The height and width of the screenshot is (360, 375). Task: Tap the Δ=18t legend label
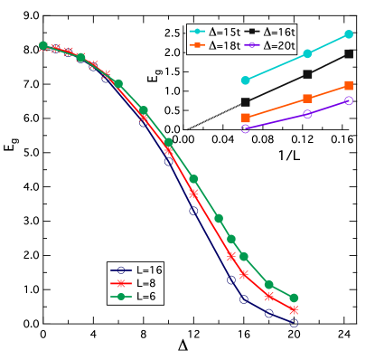pyautogui.click(x=224, y=44)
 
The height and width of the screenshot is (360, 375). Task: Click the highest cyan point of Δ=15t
pyautogui.click(x=349, y=34)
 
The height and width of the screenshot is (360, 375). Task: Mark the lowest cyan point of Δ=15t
pyautogui.click(x=245, y=81)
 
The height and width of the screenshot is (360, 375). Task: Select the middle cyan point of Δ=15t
pyautogui.click(x=308, y=53)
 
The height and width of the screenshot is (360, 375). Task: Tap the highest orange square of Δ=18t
pyautogui.click(x=349, y=86)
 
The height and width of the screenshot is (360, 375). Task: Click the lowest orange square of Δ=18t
pyautogui.click(x=245, y=118)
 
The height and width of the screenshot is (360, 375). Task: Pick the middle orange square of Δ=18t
pyautogui.click(x=308, y=98)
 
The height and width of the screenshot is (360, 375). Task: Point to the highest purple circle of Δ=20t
pyautogui.click(x=349, y=101)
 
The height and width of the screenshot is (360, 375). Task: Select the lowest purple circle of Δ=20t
pyautogui.click(x=245, y=128)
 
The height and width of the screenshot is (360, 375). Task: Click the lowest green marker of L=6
pyautogui.click(x=294, y=298)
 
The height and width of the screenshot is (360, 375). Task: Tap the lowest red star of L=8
pyautogui.click(x=294, y=310)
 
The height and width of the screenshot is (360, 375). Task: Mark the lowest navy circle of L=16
pyautogui.click(x=294, y=322)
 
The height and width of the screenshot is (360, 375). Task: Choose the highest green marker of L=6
pyautogui.click(x=42, y=45)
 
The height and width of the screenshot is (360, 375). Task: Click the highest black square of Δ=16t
pyautogui.click(x=349, y=54)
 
